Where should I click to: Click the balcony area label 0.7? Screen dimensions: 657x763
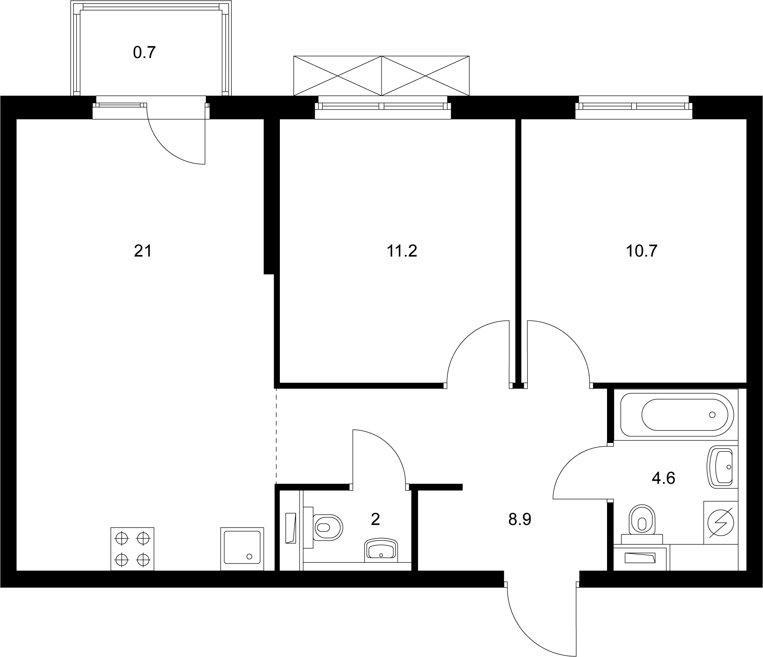[144, 53]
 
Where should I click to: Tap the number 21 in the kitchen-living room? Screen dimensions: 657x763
[143, 251]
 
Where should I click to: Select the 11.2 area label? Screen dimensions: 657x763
[402, 251]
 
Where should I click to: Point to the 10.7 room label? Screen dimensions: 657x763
[642, 251]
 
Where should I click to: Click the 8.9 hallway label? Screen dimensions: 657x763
[520, 520]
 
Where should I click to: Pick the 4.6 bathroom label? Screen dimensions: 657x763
[664, 478]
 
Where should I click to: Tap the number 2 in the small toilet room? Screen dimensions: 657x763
[375, 520]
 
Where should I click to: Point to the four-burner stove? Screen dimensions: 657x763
[132, 549]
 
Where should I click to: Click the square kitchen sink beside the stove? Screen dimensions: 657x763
[242, 549]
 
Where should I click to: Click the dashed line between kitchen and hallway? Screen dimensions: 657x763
[276, 436]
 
